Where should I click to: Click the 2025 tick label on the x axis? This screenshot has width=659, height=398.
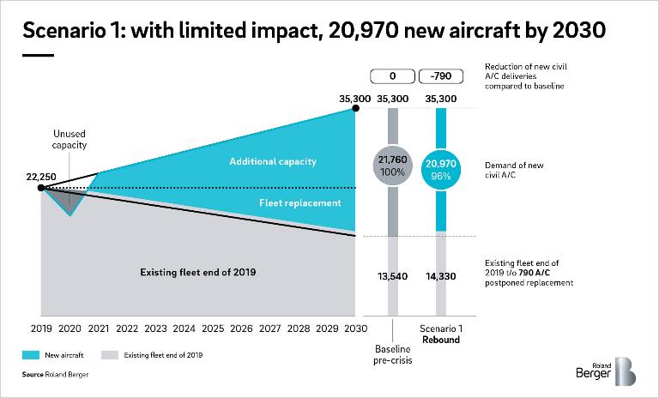213,328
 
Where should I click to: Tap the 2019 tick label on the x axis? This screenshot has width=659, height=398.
42,328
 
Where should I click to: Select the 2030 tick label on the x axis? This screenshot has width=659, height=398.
355,328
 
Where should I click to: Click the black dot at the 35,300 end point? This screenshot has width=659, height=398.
355,108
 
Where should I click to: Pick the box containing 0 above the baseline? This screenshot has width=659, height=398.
393,77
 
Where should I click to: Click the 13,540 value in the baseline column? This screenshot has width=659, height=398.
393,276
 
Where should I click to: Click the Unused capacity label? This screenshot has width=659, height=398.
70,140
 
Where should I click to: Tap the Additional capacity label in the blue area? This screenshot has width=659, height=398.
273,161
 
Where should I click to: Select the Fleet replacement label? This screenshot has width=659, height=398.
300,203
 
